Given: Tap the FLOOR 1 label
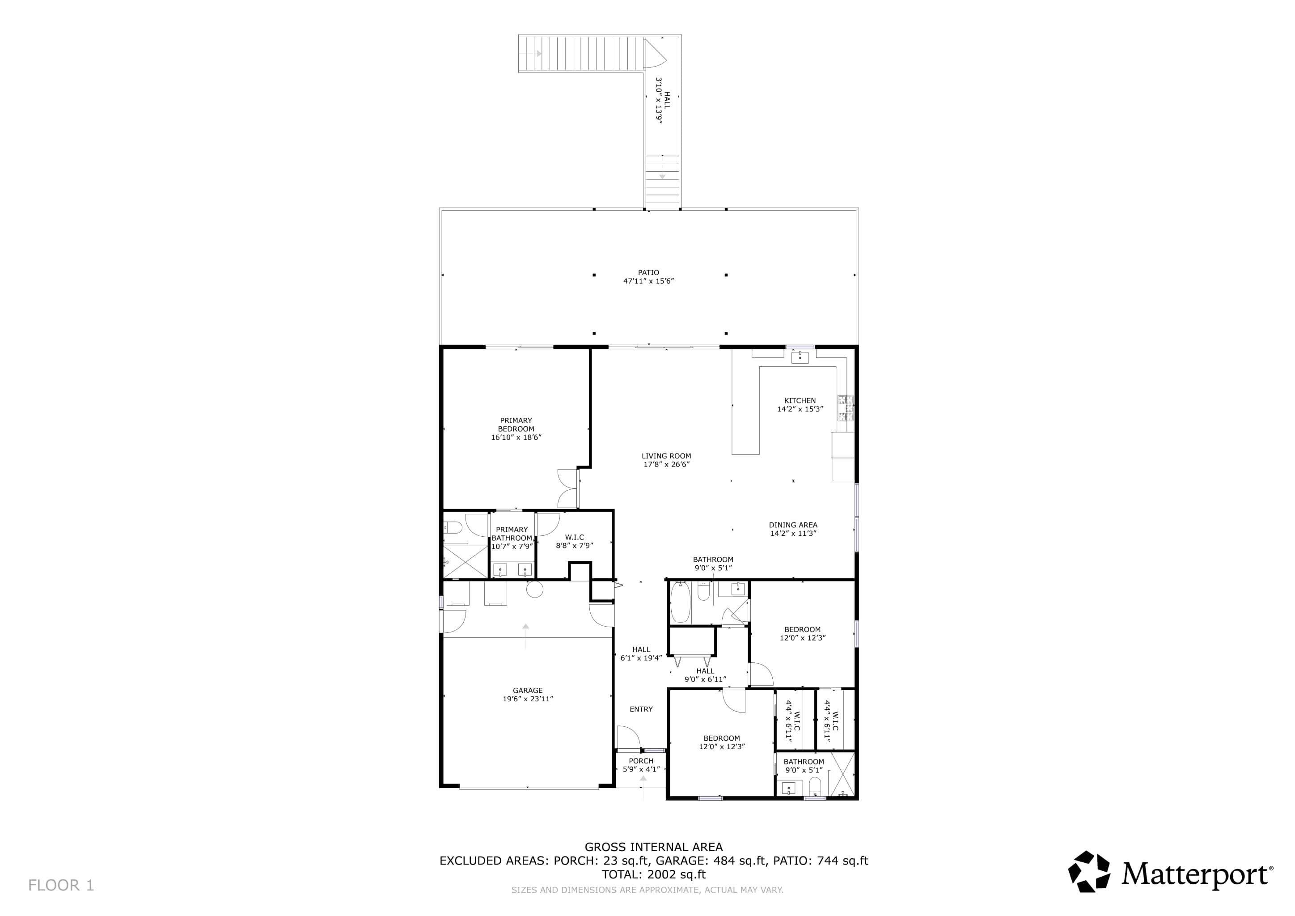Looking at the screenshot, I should coord(61,885).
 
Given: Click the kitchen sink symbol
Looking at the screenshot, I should coord(800,357).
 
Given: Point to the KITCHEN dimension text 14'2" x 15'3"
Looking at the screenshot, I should coord(800,409).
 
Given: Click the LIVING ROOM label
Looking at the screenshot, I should coord(666,456).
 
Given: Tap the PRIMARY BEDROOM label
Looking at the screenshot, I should coord(516,424).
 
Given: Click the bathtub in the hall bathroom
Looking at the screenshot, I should coord(680,602).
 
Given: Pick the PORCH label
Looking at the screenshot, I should coord(641,761).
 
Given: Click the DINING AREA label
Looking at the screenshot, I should coord(792,525).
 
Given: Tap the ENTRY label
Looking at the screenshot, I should coord(641,709).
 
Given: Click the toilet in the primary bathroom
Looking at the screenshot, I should coord(453,528).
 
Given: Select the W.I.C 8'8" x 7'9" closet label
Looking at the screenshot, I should coord(574,538).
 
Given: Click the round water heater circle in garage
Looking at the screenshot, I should coord(535,589).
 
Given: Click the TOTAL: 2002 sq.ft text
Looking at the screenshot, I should coord(653,874).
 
